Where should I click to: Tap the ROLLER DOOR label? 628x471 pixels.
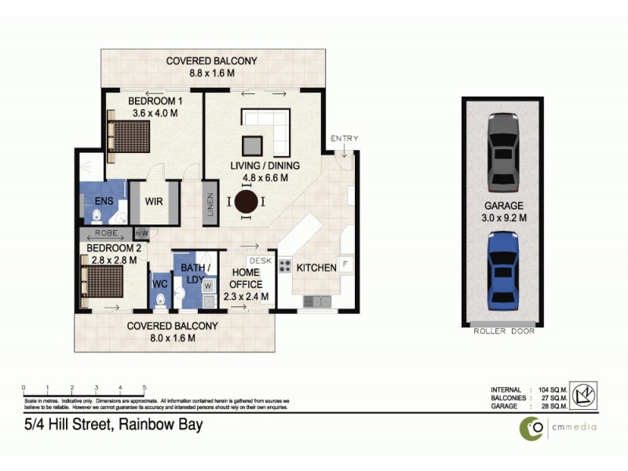tap(504, 331)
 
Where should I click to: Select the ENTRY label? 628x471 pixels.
tap(344, 139)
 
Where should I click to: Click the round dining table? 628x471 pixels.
tap(246, 202)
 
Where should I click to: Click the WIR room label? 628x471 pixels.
tap(155, 201)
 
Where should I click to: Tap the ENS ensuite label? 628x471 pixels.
tap(93, 201)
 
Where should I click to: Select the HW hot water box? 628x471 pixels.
tap(142, 233)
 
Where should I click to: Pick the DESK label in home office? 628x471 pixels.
tap(258, 260)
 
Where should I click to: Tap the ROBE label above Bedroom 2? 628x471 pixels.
tap(106, 233)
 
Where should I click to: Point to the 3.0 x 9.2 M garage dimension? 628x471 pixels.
tap(504, 218)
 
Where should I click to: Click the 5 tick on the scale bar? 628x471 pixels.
tap(144, 388)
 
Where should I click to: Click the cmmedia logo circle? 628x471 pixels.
tap(533, 428)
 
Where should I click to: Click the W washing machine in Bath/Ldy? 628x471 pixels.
tap(208, 287)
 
